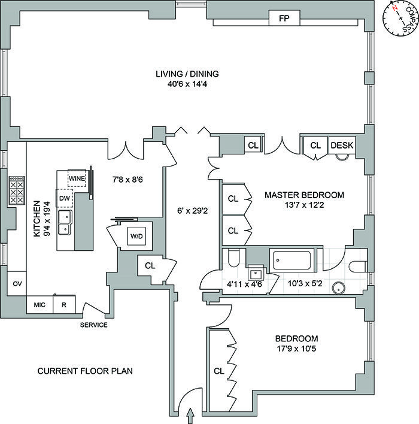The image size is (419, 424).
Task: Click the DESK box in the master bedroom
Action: [342, 145]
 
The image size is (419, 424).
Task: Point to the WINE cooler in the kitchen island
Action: [77, 178]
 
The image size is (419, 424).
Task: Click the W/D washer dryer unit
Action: [136, 235]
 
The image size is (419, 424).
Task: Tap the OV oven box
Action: [17, 284]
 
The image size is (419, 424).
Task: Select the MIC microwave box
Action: [40, 305]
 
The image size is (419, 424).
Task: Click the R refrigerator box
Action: [64, 305]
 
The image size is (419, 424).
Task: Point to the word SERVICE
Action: [95, 325]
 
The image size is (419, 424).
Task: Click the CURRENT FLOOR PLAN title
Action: [85, 371]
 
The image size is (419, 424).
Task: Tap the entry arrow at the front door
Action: [191, 413]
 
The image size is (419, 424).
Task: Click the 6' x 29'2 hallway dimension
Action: [192, 210]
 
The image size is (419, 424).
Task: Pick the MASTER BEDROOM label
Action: [304, 195]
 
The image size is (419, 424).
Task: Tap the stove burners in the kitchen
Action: [16, 192]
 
